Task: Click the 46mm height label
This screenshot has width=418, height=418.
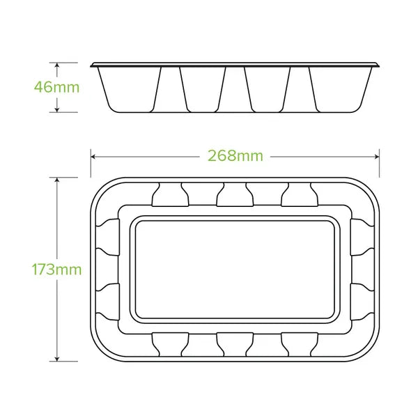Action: pyautogui.click(x=57, y=88)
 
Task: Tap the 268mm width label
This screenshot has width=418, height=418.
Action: pyautogui.click(x=235, y=156)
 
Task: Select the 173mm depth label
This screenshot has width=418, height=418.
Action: pyautogui.click(x=57, y=269)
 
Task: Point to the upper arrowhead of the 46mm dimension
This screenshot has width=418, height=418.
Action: pyautogui.click(x=57, y=64)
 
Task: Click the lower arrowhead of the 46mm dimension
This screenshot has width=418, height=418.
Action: pyautogui.click(x=57, y=111)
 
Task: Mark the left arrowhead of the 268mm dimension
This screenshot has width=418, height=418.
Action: pyautogui.click(x=93, y=156)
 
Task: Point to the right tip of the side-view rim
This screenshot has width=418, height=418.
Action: pyautogui.click(x=382, y=66)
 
